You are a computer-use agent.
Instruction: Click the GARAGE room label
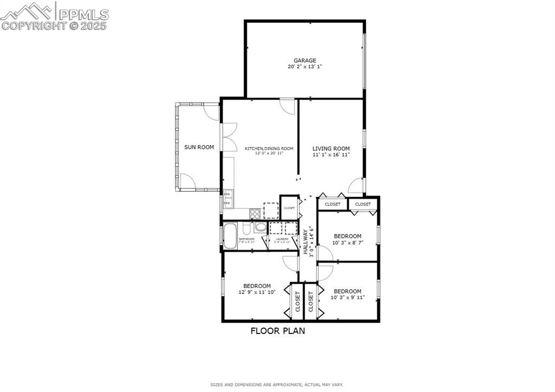[x=305, y=61]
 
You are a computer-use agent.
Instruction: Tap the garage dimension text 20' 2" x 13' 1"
[x=305, y=67]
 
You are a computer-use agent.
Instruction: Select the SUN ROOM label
[x=199, y=147]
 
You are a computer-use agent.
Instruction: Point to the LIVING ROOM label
[x=331, y=148]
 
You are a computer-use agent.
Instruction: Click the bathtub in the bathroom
[x=230, y=236]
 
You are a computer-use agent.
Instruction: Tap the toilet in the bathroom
[x=247, y=228]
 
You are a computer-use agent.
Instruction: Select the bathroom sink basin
[x=261, y=228]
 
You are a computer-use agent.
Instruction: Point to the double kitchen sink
[x=228, y=198]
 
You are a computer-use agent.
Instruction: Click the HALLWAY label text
[x=306, y=242]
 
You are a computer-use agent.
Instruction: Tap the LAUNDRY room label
[x=282, y=239]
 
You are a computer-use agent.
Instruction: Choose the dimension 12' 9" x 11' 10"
[x=257, y=292]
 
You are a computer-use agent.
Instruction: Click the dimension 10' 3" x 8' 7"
[x=347, y=243]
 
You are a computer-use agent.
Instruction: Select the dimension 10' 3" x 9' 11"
[x=347, y=297]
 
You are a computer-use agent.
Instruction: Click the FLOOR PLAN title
[x=277, y=331]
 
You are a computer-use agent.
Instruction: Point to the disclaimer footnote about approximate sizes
[x=277, y=385]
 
